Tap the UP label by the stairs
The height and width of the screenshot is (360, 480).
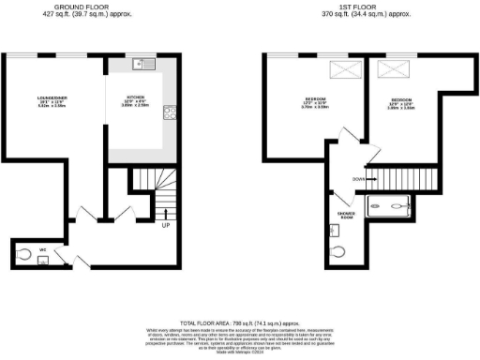point(166,226)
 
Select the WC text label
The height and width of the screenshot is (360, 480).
point(43,248)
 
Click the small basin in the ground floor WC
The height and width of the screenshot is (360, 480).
point(43,263)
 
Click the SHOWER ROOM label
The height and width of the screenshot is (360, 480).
point(346,216)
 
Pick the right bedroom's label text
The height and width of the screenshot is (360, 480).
point(401,102)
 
